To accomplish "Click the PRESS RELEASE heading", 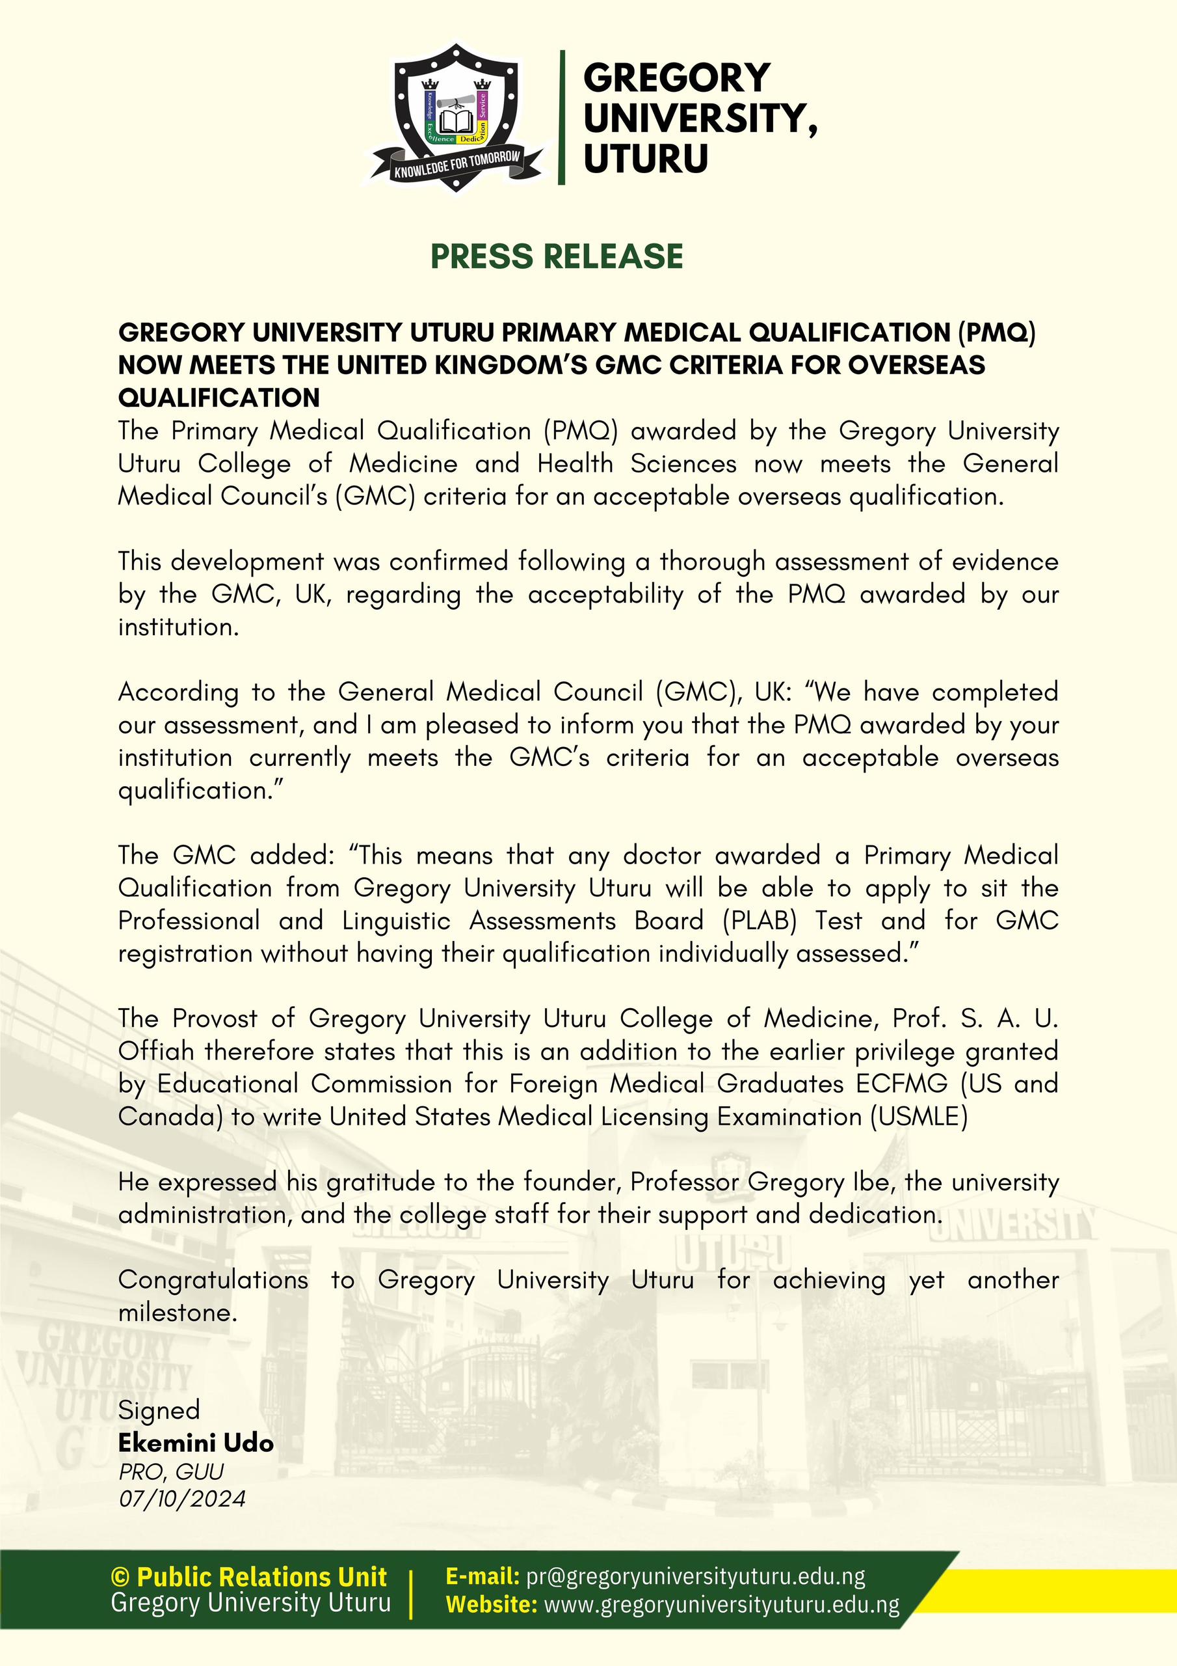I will pos(556,257).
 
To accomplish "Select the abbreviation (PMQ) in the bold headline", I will pos(996,333).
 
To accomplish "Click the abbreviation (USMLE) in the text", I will pos(919,1117).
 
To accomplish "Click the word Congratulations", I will pos(213,1280).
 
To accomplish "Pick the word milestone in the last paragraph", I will pos(177,1313).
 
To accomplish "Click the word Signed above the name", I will pos(159,1410).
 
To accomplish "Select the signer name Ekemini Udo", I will pos(196,1443).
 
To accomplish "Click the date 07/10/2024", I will pos(182,1497).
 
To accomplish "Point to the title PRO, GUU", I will pos(171,1471).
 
